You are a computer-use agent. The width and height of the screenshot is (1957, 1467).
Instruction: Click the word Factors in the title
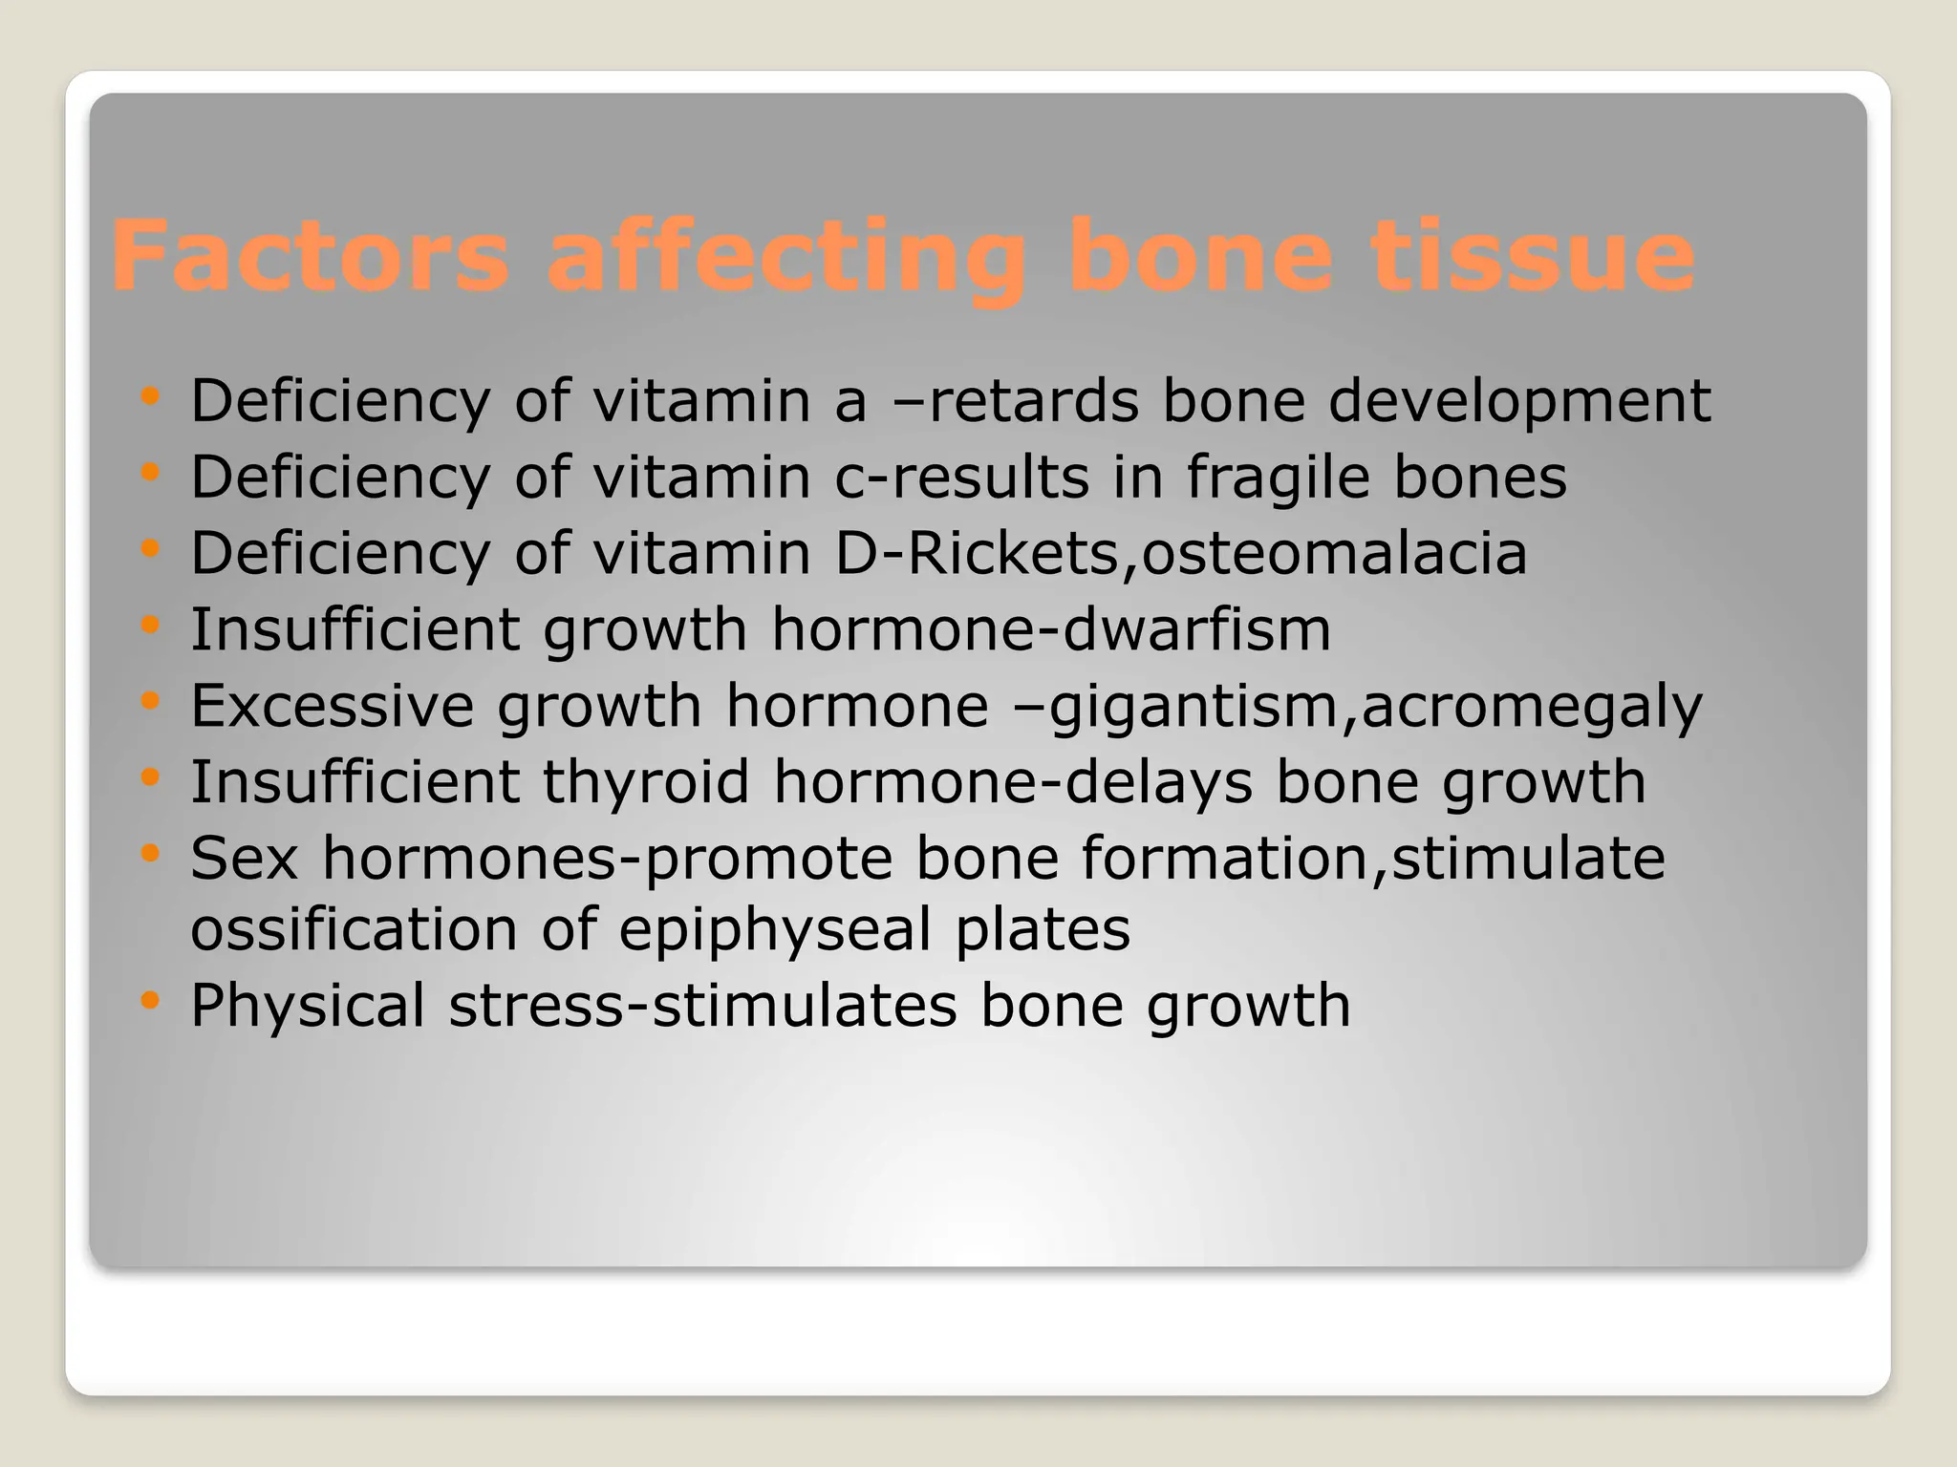coord(311,256)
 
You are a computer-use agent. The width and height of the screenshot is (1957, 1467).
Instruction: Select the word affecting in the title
coord(785,256)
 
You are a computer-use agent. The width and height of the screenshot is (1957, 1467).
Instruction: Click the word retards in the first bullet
coord(1033,400)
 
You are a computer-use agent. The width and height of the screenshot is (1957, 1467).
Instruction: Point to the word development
coord(1519,400)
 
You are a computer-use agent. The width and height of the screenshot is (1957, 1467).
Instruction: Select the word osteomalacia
coord(1334,553)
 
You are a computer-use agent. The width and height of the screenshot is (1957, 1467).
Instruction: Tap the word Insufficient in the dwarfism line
coord(354,629)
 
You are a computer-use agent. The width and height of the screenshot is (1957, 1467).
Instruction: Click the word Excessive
coord(332,706)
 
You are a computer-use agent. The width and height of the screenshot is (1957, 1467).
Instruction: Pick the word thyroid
coord(646,782)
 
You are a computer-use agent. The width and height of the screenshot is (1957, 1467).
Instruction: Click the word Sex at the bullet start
coord(244,858)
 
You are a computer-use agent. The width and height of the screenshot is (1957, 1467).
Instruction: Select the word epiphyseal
coord(774,930)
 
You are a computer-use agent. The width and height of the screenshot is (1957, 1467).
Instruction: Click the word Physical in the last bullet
coord(307,1006)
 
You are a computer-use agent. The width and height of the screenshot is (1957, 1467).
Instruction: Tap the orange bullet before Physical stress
coord(149,1000)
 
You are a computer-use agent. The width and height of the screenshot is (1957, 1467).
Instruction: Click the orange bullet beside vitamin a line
coord(149,394)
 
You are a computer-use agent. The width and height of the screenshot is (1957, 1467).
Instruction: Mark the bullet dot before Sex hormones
coord(149,852)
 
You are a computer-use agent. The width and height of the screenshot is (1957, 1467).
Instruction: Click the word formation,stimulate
coord(1373,858)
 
